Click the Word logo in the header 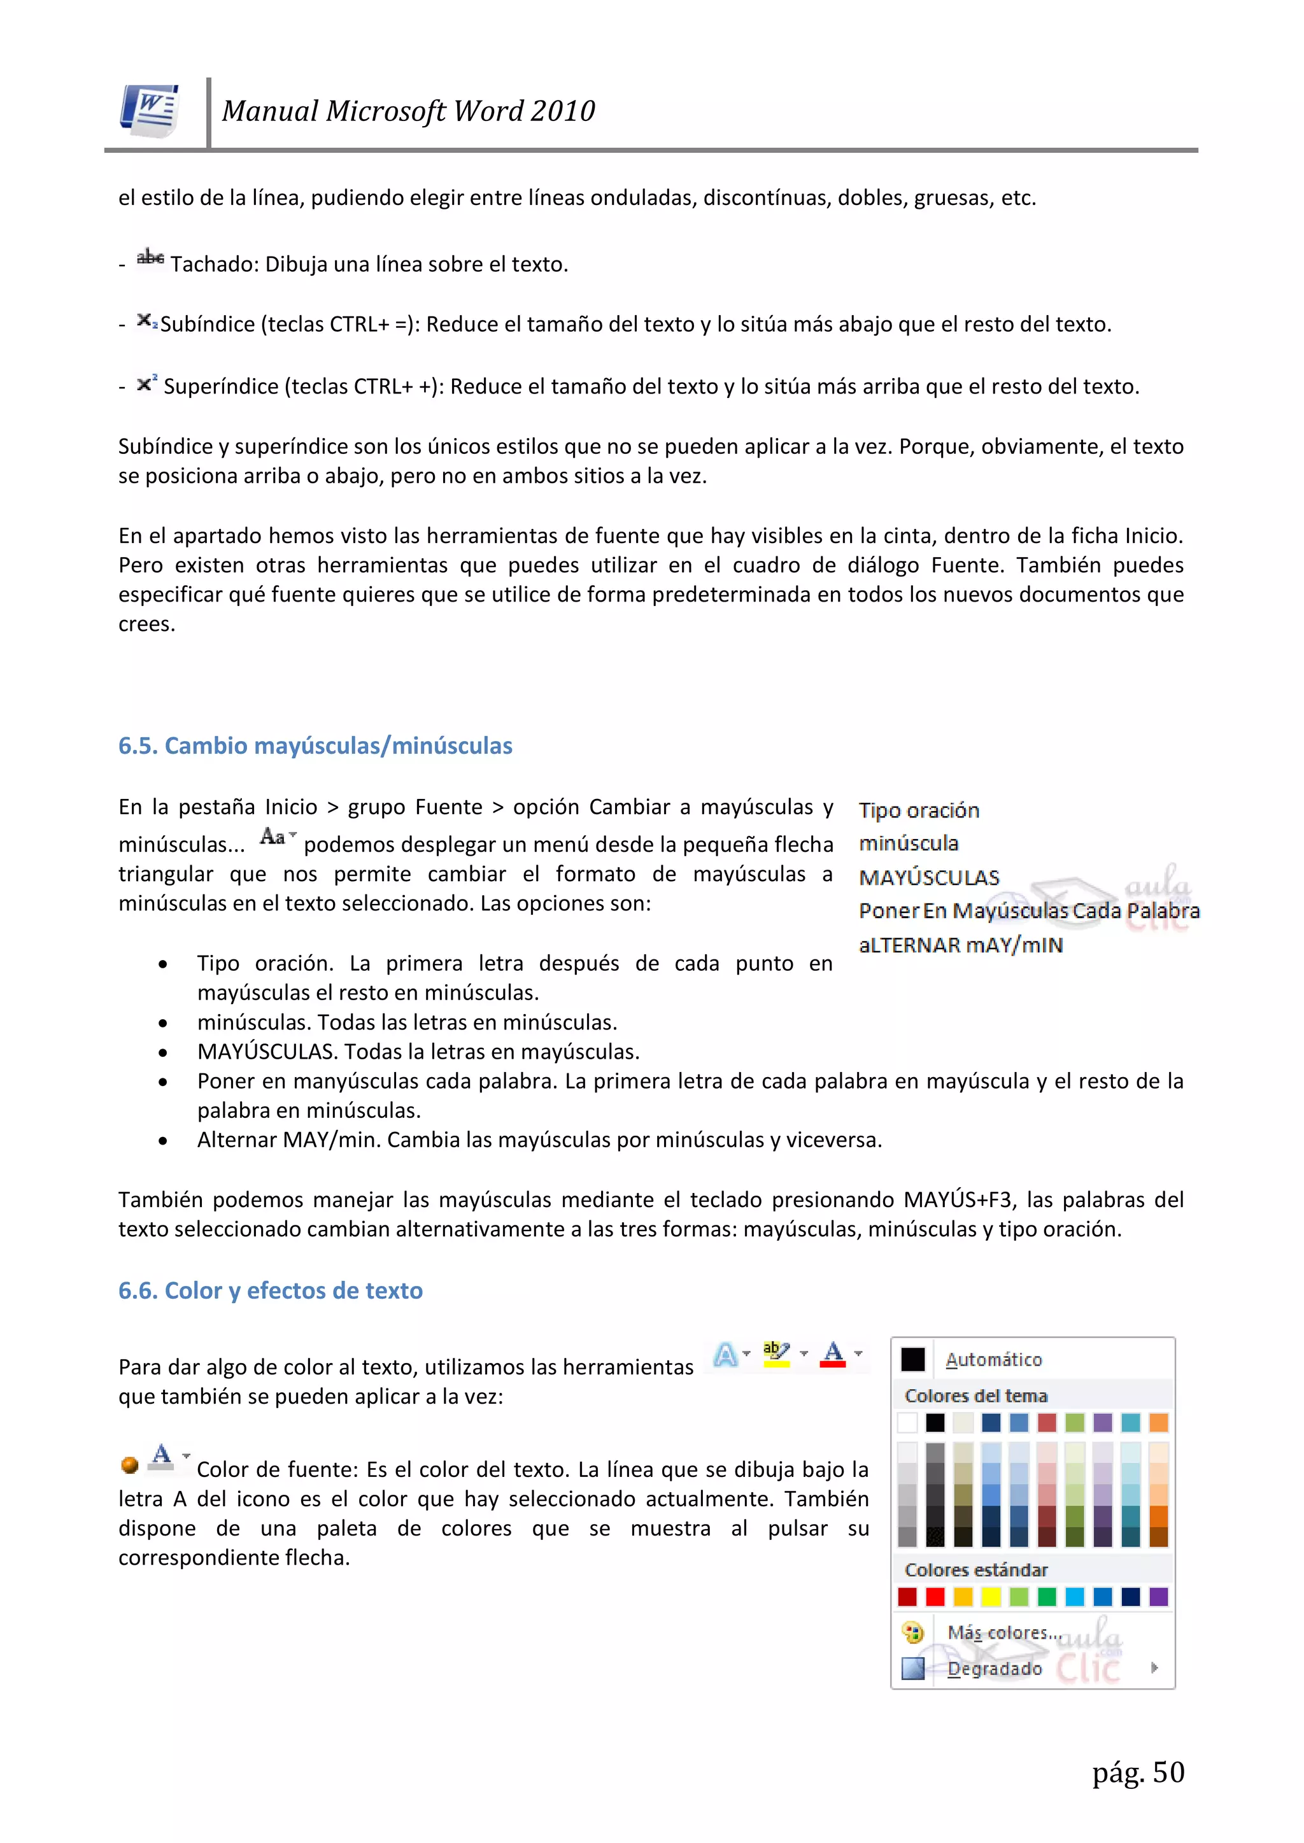(x=150, y=110)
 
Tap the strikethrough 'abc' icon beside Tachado (x=150, y=258)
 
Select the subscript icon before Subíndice (x=147, y=320)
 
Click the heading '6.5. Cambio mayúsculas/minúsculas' (x=315, y=745)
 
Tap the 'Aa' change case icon (x=276, y=837)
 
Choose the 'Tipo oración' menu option (x=919, y=810)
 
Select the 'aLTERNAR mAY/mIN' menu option (x=960, y=945)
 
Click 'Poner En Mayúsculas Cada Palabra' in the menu (x=1028, y=910)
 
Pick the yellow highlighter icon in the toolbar (x=776, y=1353)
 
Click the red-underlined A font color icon (x=833, y=1353)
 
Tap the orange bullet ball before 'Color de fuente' (x=129, y=1465)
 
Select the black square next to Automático (x=912, y=1359)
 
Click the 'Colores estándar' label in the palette (x=975, y=1569)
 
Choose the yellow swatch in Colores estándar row (x=991, y=1597)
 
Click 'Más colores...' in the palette (x=1003, y=1633)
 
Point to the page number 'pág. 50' (x=1138, y=1772)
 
